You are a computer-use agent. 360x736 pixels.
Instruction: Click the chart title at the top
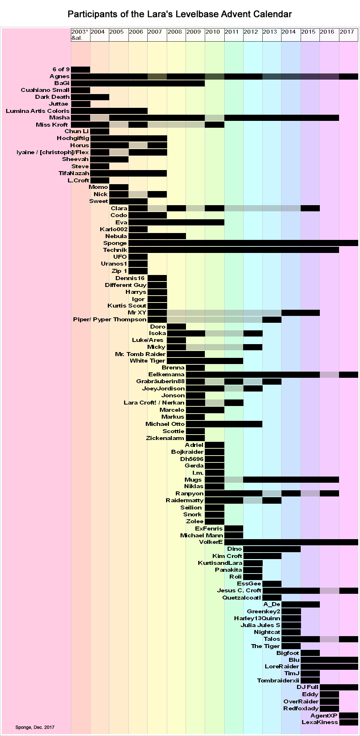click(x=179, y=14)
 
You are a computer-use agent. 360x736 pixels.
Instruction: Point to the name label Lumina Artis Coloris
click(x=38, y=111)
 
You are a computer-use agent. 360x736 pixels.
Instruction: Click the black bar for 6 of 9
click(x=80, y=69)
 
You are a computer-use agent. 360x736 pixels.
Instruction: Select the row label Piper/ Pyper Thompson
click(x=110, y=320)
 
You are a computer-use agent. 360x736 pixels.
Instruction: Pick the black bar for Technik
click(x=233, y=250)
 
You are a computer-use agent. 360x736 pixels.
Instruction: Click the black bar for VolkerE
click(x=291, y=542)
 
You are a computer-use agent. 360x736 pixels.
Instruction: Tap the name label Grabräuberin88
click(x=160, y=381)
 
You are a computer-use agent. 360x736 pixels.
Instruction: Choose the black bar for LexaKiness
click(x=348, y=722)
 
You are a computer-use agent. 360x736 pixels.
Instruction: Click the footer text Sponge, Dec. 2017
click(x=35, y=727)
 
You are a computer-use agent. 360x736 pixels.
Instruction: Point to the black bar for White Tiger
click(x=205, y=361)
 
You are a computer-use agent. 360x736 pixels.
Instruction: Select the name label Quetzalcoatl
click(x=241, y=597)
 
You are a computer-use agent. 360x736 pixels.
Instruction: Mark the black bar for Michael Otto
click(x=224, y=424)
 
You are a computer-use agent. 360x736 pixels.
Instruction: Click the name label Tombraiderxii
click(x=278, y=681)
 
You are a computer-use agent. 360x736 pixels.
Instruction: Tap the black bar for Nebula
click(x=157, y=236)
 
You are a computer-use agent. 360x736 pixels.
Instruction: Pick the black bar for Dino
click(x=272, y=549)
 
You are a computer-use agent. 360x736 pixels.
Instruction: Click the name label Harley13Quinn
click(x=257, y=618)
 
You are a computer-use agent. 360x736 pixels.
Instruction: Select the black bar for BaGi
click(x=138, y=83)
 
